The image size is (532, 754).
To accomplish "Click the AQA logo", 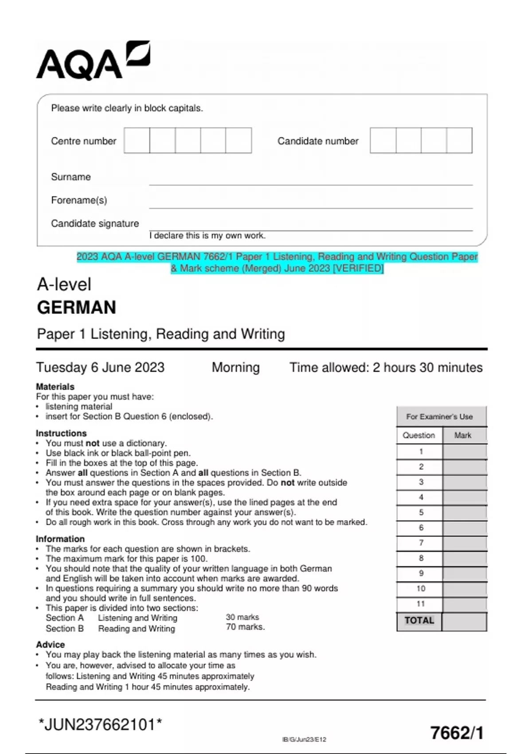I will [x=93, y=61].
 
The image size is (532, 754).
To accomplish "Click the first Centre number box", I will [x=137, y=141].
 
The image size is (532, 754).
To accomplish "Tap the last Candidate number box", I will [x=459, y=141].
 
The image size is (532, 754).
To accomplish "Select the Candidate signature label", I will [x=95, y=224].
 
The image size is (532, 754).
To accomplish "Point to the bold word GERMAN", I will [x=76, y=307].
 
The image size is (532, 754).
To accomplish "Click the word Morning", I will [x=235, y=367].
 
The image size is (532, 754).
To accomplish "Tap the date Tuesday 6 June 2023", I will [x=100, y=367].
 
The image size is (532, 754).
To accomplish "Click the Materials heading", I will [x=55, y=386].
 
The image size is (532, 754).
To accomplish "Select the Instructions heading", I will [x=61, y=433].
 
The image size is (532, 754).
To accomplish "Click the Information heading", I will [x=60, y=538].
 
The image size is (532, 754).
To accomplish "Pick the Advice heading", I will [x=50, y=644].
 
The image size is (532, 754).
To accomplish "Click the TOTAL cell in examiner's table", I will [x=419, y=620].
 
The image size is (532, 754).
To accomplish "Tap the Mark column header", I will [x=463, y=435].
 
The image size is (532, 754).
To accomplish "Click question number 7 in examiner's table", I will [x=421, y=543].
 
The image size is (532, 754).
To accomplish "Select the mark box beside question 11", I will [x=464, y=604].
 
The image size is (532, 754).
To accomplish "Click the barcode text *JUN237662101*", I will [x=100, y=725].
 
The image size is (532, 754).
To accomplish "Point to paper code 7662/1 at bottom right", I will [x=457, y=733].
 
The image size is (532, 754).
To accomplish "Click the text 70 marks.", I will [x=245, y=627].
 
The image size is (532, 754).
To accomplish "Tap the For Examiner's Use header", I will [x=439, y=416].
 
